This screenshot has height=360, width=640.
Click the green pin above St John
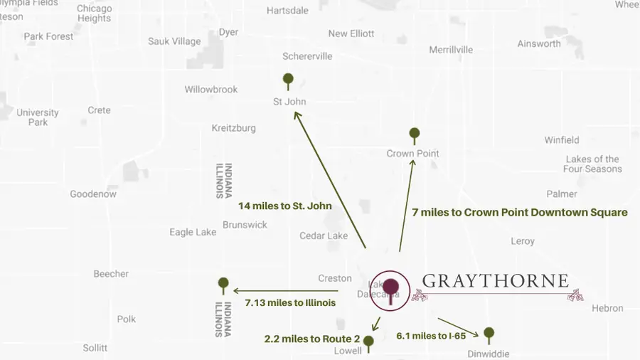(x=288, y=79)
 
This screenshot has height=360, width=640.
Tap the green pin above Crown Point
(x=415, y=133)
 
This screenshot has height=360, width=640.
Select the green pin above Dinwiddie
(x=489, y=332)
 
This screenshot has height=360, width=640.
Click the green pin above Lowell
(x=368, y=342)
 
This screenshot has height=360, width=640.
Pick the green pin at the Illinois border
(x=223, y=283)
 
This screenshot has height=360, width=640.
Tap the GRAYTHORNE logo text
(x=495, y=280)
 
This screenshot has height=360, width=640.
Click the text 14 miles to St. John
(x=286, y=206)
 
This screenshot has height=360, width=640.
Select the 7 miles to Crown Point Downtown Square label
(x=520, y=212)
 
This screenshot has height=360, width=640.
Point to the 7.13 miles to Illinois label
(x=290, y=303)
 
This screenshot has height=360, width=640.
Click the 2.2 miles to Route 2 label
(x=312, y=339)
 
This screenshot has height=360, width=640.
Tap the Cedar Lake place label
(x=324, y=235)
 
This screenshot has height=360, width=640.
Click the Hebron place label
(x=607, y=308)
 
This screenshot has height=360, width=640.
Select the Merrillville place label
(x=451, y=50)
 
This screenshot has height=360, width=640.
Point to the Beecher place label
(x=111, y=273)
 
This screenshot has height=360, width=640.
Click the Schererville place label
(x=307, y=56)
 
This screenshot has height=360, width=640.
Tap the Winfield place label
(x=562, y=140)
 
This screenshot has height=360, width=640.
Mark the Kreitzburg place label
(x=233, y=128)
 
